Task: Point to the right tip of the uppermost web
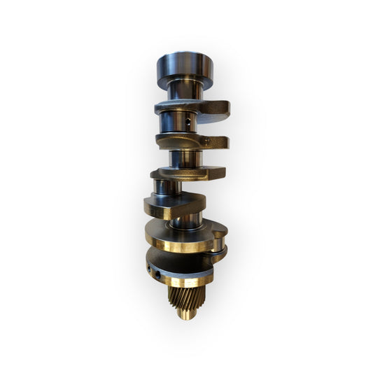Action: point(223,107)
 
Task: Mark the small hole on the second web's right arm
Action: point(208,141)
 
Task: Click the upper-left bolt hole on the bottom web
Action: point(149,267)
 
